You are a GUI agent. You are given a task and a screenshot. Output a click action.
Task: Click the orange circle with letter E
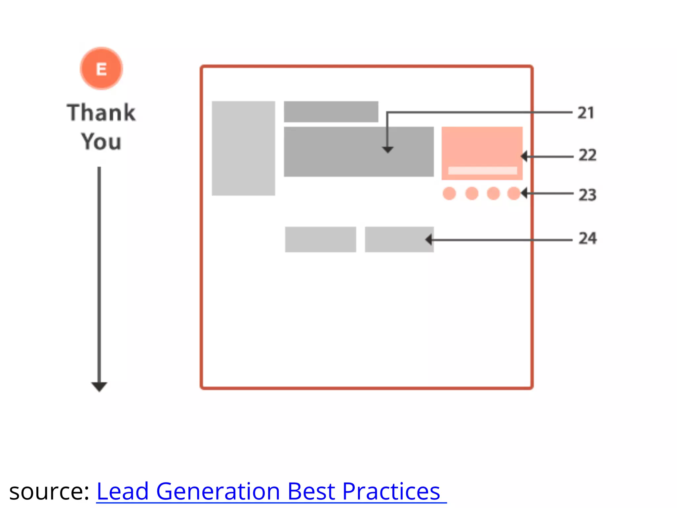[101, 68]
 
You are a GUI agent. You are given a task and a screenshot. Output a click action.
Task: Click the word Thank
[101, 112]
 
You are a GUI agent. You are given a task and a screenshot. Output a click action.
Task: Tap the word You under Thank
[101, 142]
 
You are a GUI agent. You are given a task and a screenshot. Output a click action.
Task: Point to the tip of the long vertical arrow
[99, 390]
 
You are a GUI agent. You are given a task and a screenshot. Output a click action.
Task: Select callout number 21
[586, 113]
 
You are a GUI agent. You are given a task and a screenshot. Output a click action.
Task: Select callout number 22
[587, 155]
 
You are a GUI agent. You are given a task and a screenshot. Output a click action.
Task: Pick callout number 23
[587, 195]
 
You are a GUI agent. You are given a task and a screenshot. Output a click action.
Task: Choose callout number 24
[587, 238]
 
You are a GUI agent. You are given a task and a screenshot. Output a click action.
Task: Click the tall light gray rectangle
[243, 148]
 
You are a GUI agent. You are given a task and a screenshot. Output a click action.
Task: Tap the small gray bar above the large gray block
[331, 112]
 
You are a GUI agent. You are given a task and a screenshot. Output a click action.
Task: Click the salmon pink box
[482, 147]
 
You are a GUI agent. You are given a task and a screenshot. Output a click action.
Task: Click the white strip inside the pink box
[482, 171]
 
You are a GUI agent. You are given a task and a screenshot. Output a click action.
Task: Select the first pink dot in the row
[449, 193]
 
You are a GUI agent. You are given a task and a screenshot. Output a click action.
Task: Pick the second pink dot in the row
[472, 193]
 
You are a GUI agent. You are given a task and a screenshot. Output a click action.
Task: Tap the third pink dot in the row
[493, 193]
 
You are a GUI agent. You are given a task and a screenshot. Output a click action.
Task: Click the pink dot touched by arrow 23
[514, 193]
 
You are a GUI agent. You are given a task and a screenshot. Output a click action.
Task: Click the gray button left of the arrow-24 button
[320, 239]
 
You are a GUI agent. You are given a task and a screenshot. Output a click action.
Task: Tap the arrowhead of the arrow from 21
[387, 150]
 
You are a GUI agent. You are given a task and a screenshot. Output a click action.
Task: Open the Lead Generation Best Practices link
[268, 491]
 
